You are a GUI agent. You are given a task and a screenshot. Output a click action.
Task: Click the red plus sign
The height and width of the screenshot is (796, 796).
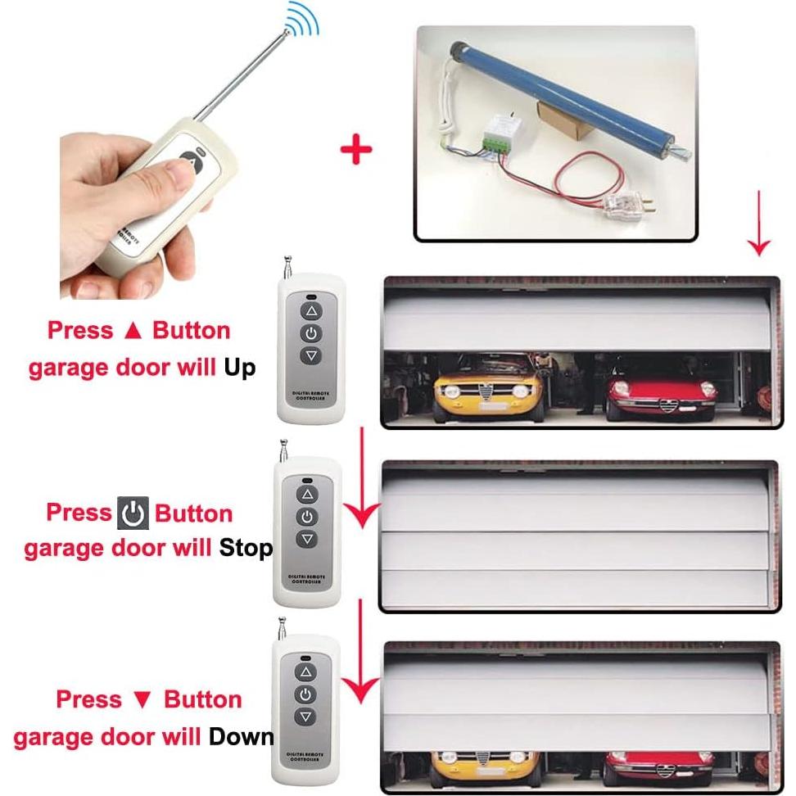tap(355, 150)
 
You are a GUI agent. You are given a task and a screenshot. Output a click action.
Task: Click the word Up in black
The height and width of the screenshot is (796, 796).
tap(240, 368)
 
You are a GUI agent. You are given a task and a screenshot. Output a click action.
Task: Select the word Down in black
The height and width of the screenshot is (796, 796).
tap(242, 736)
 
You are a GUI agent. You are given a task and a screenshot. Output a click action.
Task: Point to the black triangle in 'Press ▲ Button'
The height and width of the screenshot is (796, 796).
tap(133, 332)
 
